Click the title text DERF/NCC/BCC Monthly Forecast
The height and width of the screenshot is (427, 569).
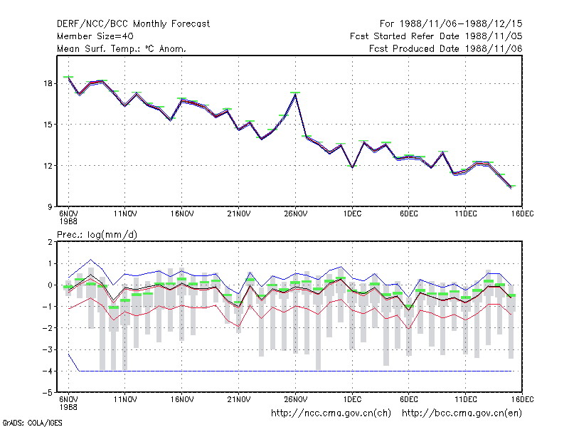[133, 24]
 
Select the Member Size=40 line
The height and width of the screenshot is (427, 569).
[95, 36]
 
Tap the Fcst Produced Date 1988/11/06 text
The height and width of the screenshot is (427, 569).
[445, 48]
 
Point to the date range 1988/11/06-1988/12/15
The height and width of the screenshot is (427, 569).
[461, 24]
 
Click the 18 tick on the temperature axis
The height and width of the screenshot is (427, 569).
[48, 83]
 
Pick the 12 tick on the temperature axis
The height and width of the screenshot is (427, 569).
[48, 166]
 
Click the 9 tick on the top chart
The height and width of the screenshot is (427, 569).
[50, 207]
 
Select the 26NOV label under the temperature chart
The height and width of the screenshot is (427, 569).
[295, 214]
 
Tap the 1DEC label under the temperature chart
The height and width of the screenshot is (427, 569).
[352, 214]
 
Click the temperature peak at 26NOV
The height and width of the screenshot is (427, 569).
[296, 95]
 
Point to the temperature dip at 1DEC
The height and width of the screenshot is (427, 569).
[352, 167]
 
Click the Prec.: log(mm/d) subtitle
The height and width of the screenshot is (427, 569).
[97, 235]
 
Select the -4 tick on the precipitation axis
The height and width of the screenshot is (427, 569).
[48, 371]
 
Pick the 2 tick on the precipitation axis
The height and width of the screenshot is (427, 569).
[50, 242]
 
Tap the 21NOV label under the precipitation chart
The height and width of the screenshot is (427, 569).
[239, 399]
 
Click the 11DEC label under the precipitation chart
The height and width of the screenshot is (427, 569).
[466, 399]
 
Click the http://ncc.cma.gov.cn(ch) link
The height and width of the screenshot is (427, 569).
[331, 413]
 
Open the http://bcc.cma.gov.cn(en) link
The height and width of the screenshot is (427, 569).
[462, 413]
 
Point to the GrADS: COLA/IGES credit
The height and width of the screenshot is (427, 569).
[32, 423]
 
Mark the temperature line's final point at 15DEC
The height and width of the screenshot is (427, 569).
[511, 187]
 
